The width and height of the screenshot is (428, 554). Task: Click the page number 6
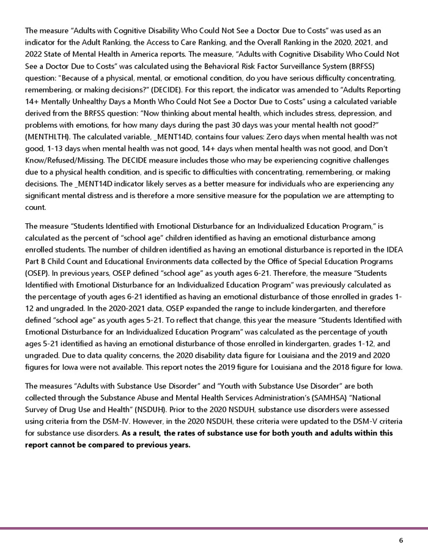400,541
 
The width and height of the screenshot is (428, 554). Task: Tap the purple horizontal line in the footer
214,528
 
